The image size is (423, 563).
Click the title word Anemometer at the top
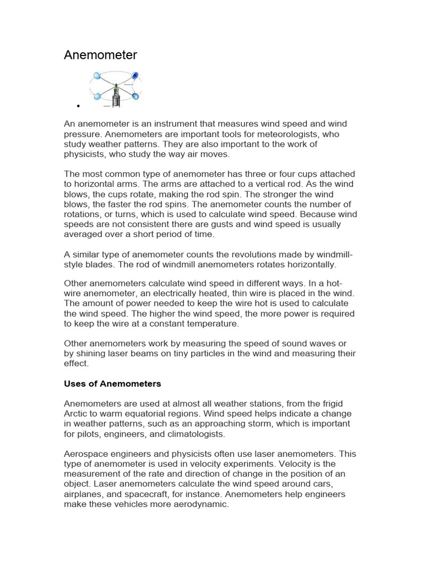coord(100,55)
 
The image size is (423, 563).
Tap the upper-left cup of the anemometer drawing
coord(97,76)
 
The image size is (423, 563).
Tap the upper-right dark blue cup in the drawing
coord(135,75)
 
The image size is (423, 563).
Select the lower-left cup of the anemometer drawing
coord(97,96)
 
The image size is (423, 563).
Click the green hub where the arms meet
coord(116,86)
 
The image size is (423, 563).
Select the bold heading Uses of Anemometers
coord(112,383)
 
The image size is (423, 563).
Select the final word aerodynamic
coord(200,504)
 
